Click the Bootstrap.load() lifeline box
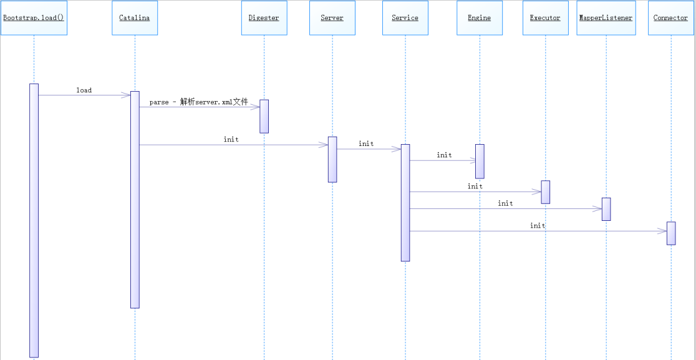pyautogui.click(x=34, y=17)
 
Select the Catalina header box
pyautogui.click(x=135, y=17)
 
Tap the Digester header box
pyautogui.click(x=264, y=17)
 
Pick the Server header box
pyautogui.click(x=332, y=17)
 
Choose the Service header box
pyautogui.click(x=405, y=17)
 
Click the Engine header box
pyautogui.click(x=480, y=17)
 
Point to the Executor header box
pyautogui.click(x=546, y=17)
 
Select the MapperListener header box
pyautogui.click(x=606, y=17)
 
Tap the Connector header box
pyautogui.click(x=670, y=17)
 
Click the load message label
pyautogui.click(x=84, y=90)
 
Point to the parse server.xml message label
pyautogui.click(x=198, y=102)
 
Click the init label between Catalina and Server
pyautogui.click(x=231, y=139)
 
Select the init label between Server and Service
pyautogui.click(x=366, y=144)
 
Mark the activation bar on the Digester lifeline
pyautogui.click(x=264, y=116)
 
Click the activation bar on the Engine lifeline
pyautogui.click(x=480, y=161)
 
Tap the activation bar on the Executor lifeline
pyautogui.click(x=546, y=192)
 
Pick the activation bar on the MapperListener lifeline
pyautogui.click(x=606, y=209)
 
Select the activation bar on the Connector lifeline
pyautogui.click(x=671, y=233)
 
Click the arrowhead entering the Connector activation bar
pyautogui.click(x=662, y=231)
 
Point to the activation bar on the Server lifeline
pyautogui.click(x=332, y=159)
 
